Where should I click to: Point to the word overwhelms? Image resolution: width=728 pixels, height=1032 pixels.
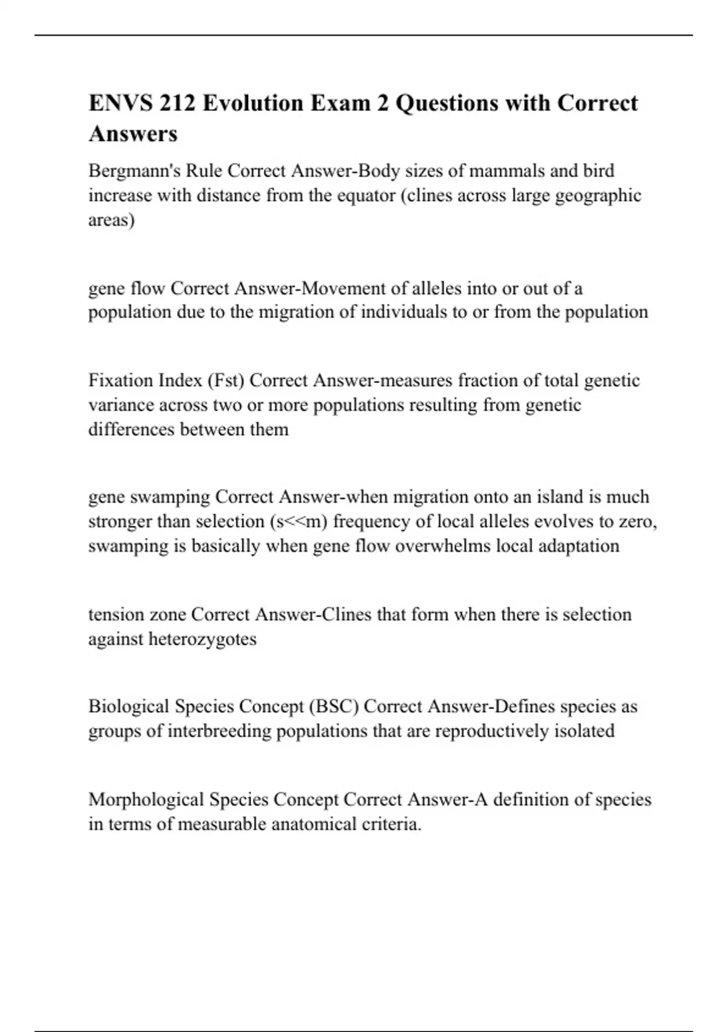[x=443, y=546]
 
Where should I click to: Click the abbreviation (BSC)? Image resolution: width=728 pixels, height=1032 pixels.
[x=334, y=707]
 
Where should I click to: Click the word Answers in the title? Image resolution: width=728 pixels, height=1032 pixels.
[x=133, y=134]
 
